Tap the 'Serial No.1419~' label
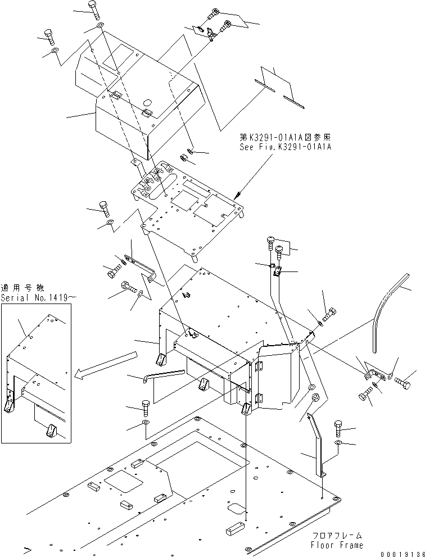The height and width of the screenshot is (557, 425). coord(36,297)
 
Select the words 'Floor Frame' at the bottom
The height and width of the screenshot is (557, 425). coord(336,545)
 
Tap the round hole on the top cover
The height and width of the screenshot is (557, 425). coord(147,103)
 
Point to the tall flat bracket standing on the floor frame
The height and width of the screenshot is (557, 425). coord(317,444)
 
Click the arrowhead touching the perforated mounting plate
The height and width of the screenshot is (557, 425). coord(238,193)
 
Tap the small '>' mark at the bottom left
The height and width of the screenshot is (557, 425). coord(26,546)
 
